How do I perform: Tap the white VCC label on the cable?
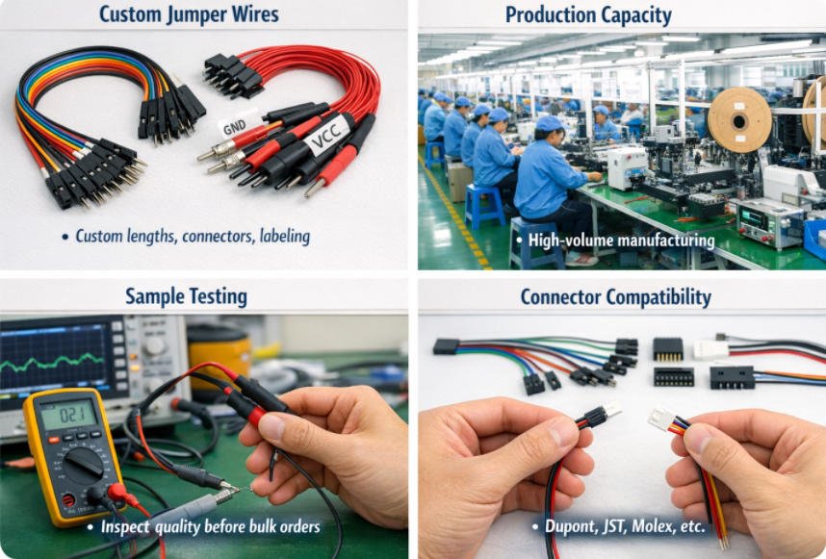327,136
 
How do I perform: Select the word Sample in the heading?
150,295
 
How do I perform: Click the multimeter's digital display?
69,415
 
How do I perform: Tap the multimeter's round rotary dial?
83,466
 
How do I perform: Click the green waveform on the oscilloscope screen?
52,363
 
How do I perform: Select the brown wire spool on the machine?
739,120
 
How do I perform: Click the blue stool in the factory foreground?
535,242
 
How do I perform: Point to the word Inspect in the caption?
125,526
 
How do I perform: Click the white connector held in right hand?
660,419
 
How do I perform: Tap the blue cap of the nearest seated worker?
550,123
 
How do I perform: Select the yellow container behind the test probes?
219,354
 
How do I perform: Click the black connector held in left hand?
595,416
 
